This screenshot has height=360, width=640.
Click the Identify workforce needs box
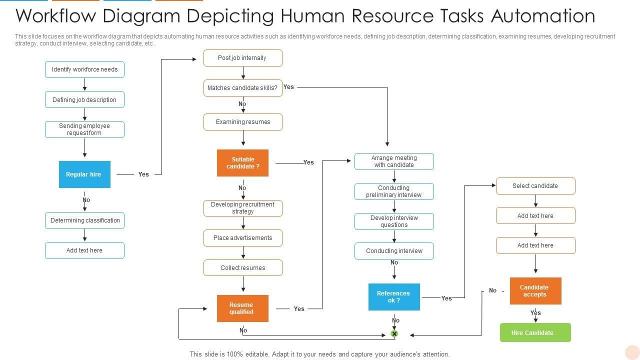[84, 69]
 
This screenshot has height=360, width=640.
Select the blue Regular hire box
[84, 174]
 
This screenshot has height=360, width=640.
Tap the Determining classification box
[84, 220]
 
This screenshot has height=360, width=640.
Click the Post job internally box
[242, 58]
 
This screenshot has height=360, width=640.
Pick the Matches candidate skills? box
[242, 88]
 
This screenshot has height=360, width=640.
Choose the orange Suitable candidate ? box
[242, 163]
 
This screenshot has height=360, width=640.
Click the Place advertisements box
[242, 238]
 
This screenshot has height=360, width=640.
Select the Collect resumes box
[242, 268]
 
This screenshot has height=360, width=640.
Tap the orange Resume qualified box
[242, 308]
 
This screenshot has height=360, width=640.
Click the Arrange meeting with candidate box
[394, 161]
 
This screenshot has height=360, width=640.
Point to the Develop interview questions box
[394, 221]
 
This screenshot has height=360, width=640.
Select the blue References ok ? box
[394, 297]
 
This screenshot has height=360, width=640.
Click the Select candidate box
[535, 186]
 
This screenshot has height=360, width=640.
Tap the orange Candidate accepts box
[535, 291]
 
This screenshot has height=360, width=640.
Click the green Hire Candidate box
[535, 333]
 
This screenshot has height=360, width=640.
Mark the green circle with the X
[394, 333]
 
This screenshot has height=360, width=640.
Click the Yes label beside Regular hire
[143, 174]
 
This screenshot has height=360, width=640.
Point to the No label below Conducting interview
[394, 262]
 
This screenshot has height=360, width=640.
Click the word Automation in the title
[543, 16]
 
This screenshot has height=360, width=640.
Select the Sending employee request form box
[84, 129]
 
